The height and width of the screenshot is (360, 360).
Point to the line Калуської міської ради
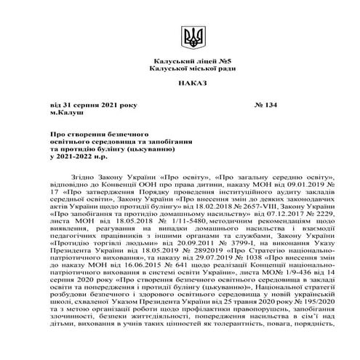(x=180, y=68)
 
